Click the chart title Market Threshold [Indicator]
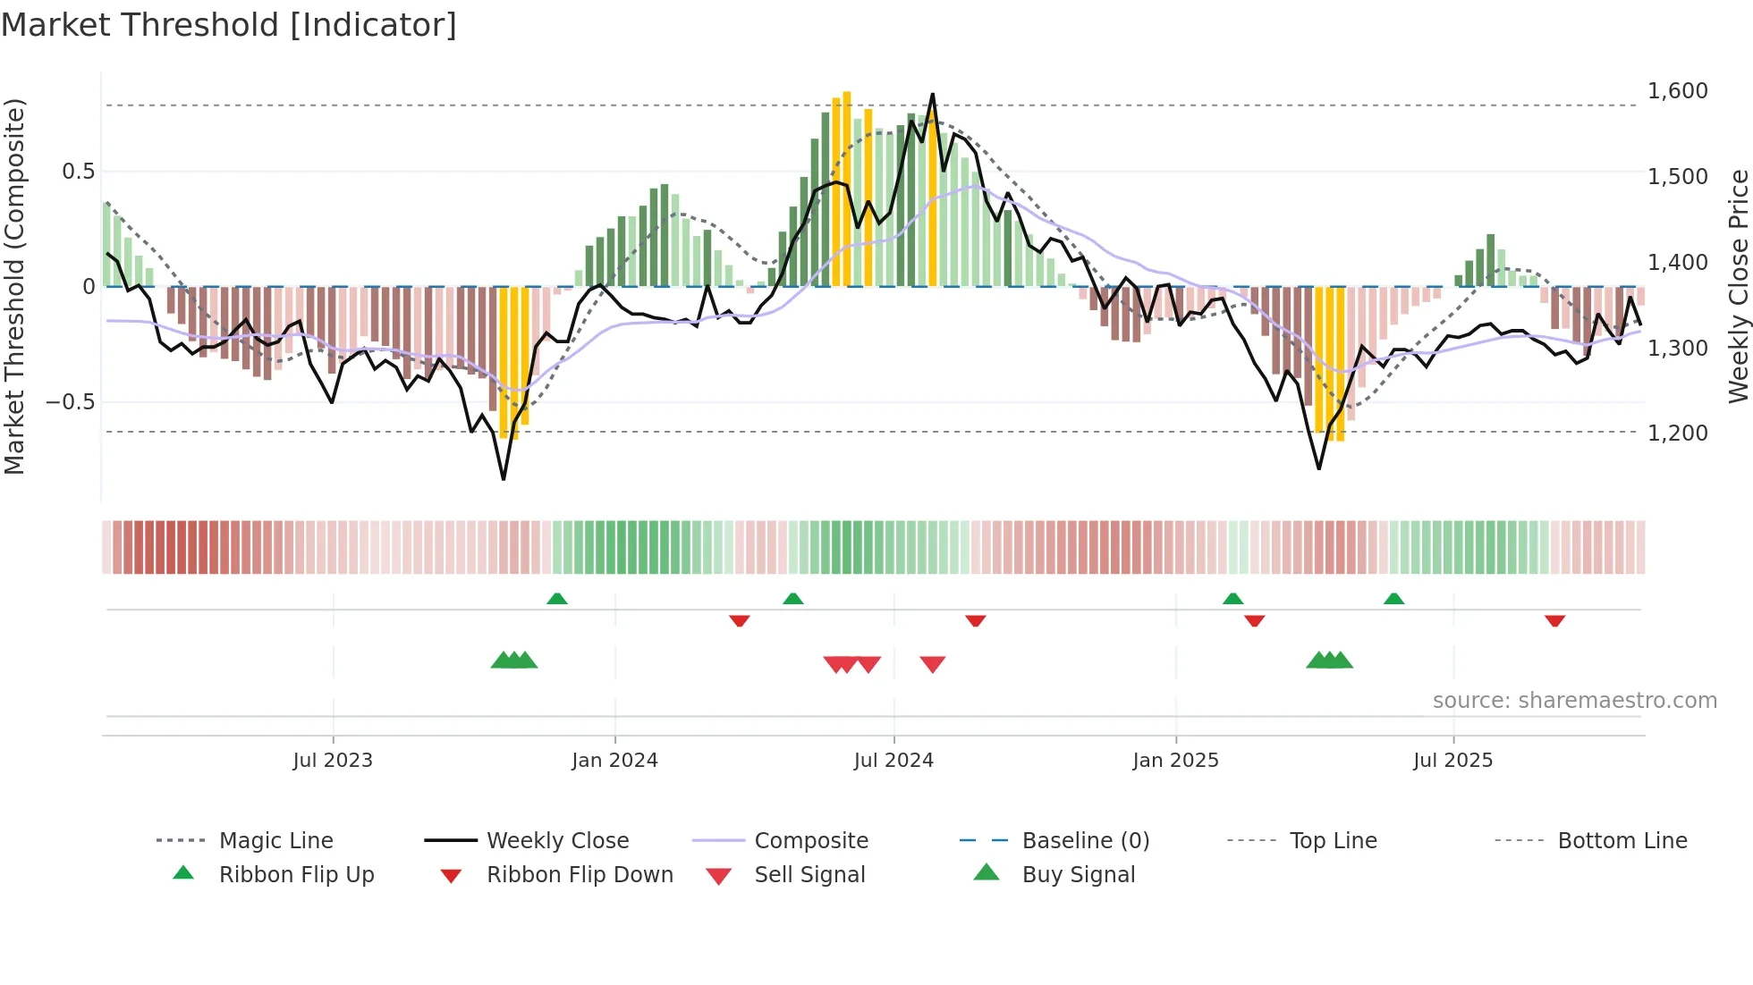point(229,25)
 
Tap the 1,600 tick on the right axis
point(1677,91)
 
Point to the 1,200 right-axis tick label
point(1677,434)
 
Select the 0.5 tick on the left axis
point(78,172)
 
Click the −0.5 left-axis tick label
point(71,402)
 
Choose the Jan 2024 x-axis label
point(614,761)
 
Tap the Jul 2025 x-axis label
point(1452,761)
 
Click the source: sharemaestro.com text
point(1574,701)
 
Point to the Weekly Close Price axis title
point(1738,286)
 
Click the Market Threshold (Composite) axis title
point(14,286)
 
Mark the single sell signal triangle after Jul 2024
point(932,664)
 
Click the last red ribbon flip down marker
point(1554,620)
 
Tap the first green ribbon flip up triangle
point(556,599)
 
